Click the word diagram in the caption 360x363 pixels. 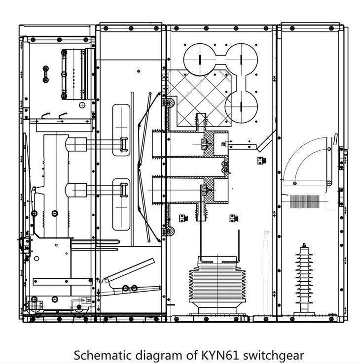point(144,355)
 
